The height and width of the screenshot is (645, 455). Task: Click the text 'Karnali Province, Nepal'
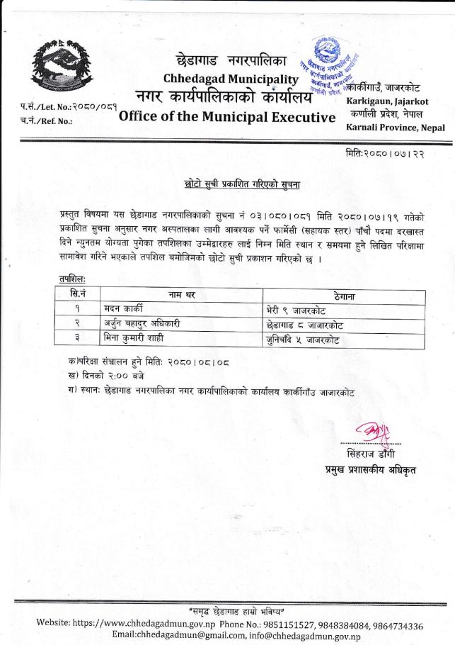coord(396,128)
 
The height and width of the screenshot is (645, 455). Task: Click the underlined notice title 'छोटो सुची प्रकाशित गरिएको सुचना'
coord(241,186)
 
